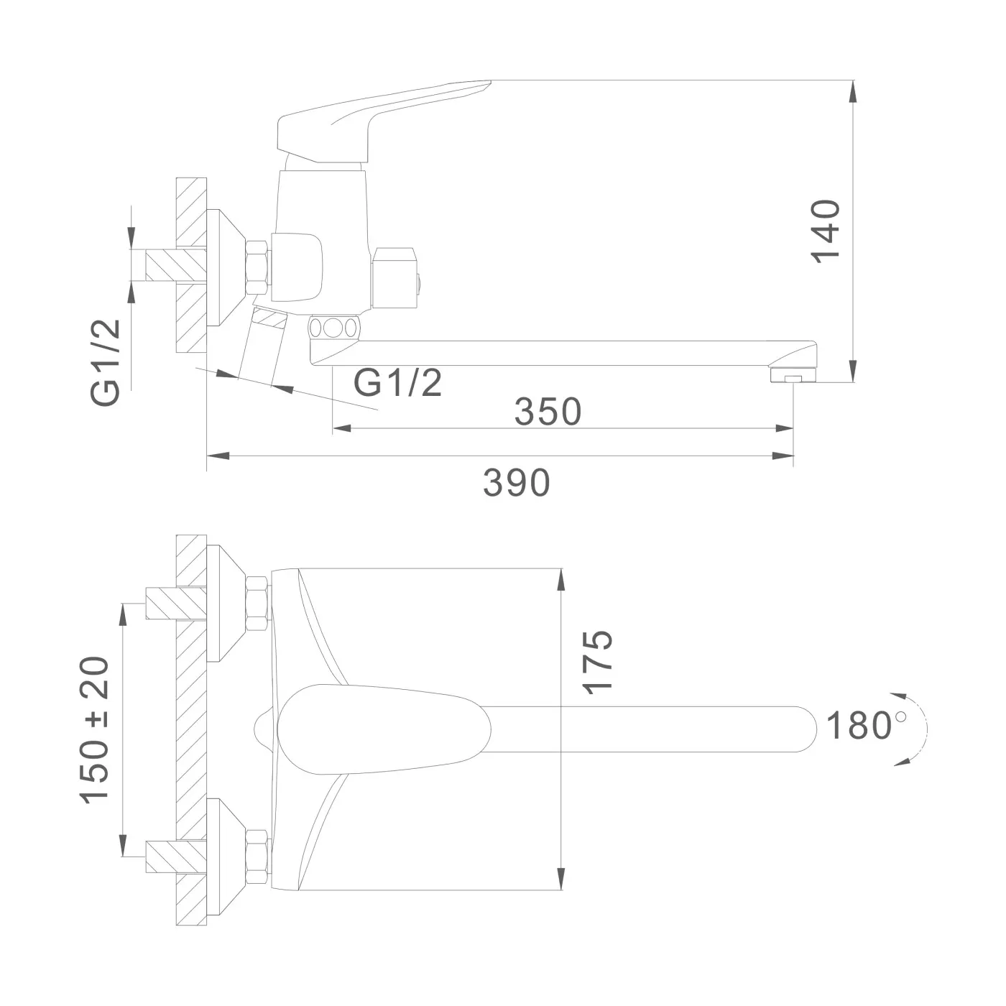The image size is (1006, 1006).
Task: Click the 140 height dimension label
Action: pos(826,231)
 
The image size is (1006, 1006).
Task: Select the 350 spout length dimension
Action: pos(548,411)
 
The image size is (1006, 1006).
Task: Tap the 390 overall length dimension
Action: pos(517,483)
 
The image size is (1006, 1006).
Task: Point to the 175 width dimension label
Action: pos(597,663)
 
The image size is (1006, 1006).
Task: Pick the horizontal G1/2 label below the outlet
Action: pos(398,383)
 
